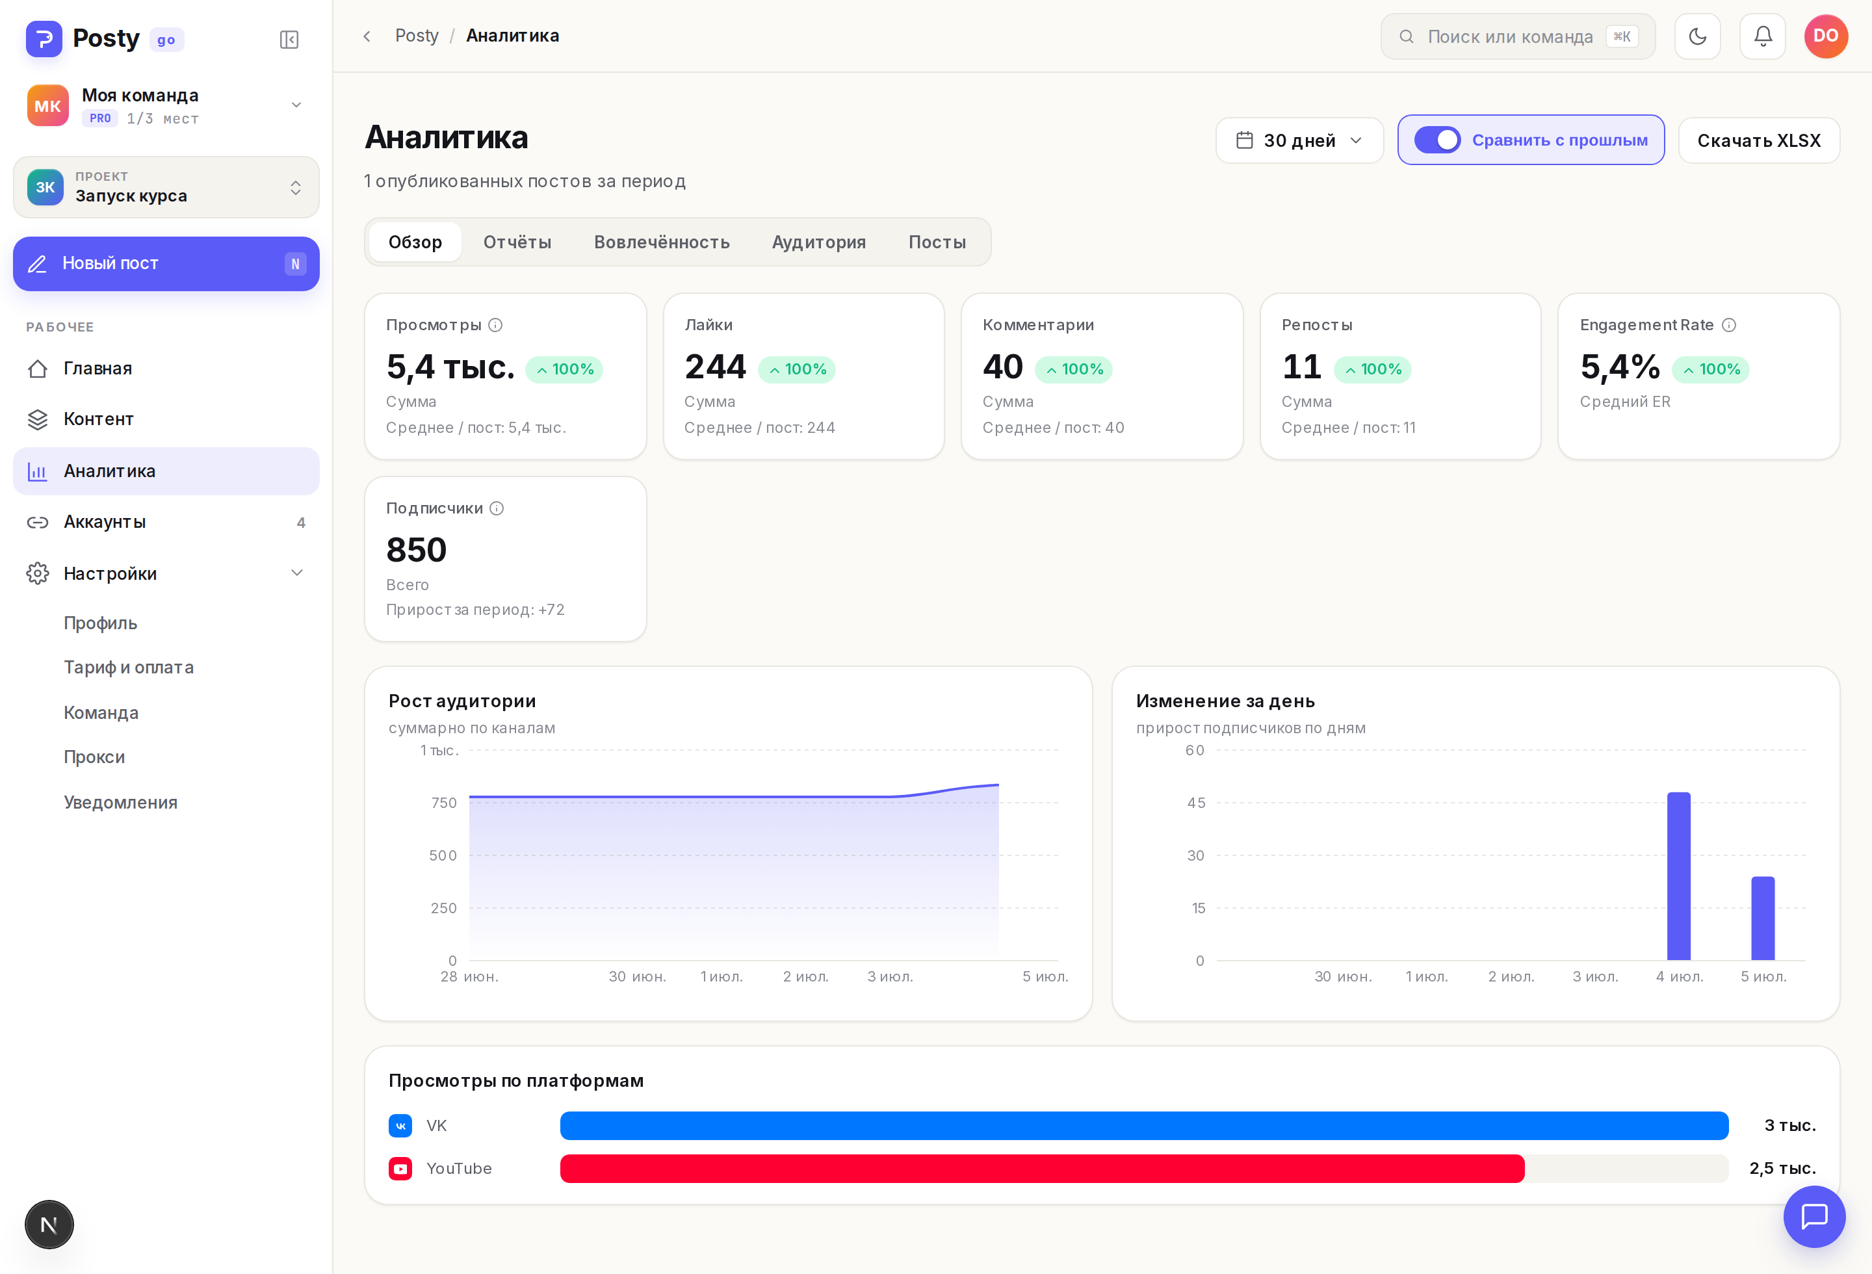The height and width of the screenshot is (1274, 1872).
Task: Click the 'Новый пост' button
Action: click(166, 263)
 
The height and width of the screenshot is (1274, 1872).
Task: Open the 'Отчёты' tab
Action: click(517, 242)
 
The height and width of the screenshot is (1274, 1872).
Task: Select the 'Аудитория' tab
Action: click(818, 242)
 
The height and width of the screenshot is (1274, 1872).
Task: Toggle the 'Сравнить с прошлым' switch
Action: click(1437, 140)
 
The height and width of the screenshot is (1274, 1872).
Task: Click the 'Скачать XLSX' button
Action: click(1758, 140)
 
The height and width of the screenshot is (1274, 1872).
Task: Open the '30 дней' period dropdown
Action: click(1299, 140)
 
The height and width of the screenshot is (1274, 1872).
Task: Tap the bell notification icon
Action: click(1762, 36)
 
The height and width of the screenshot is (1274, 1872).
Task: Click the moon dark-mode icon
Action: click(1697, 36)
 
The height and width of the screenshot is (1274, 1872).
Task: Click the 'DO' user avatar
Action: click(1826, 36)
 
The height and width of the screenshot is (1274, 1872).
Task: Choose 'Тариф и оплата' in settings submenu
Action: click(129, 667)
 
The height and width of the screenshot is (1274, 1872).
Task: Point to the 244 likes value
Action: click(715, 367)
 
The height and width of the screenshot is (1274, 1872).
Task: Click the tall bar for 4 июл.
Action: click(1679, 876)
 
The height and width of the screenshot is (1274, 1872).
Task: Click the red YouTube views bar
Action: click(1043, 1169)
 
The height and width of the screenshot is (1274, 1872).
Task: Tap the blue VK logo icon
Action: click(400, 1125)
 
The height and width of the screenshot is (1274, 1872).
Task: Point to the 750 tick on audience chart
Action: click(444, 802)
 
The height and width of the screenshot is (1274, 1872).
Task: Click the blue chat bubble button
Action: click(1814, 1216)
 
